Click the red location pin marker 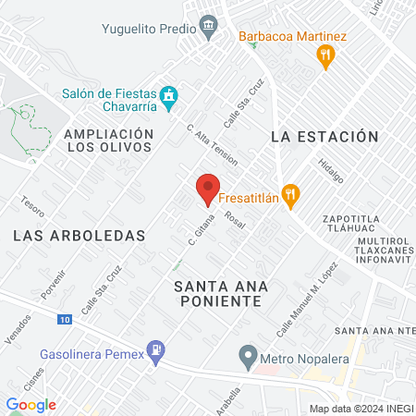(x=208, y=189)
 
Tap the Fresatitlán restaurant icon (x=291, y=194)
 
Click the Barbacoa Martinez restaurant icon (x=324, y=57)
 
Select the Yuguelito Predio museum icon (x=211, y=25)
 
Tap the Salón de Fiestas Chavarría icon (x=168, y=95)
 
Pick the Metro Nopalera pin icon (x=248, y=354)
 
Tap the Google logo (x=31, y=404)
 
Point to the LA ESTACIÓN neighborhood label (x=324, y=137)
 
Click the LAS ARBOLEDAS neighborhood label (x=80, y=236)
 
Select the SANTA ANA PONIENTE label (x=219, y=294)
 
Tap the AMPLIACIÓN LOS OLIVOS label (x=108, y=141)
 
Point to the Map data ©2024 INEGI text (x=361, y=409)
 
